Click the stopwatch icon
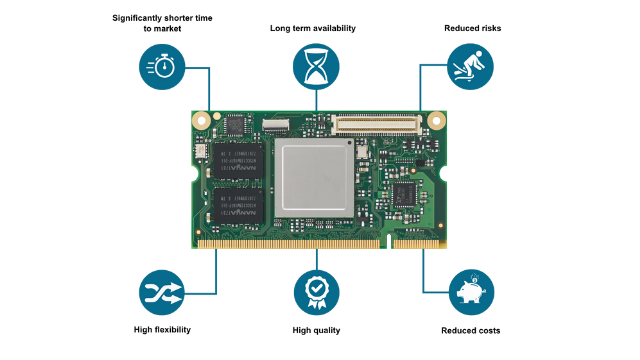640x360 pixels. pyautogui.click(x=162, y=67)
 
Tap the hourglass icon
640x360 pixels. pyautogui.click(x=316, y=67)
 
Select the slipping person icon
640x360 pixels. pyautogui.click(x=470, y=67)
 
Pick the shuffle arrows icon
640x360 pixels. pyautogui.click(x=162, y=292)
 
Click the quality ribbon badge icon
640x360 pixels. pyautogui.click(x=316, y=292)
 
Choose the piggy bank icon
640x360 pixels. pyautogui.click(x=471, y=292)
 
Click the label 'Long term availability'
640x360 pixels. pyautogui.click(x=313, y=28)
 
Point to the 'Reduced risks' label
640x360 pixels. pyautogui.click(x=473, y=28)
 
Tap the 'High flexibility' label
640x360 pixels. pyautogui.click(x=162, y=330)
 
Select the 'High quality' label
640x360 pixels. pyautogui.click(x=316, y=330)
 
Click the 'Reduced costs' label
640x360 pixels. pyautogui.click(x=471, y=331)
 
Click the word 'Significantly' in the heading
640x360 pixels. pyautogui.click(x=138, y=18)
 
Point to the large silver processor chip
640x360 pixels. pyautogui.click(x=314, y=178)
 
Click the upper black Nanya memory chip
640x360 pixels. pyautogui.click(x=238, y=160)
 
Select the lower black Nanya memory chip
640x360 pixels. pyautogui.click(x=238, y=206)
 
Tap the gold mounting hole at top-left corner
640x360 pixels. pyautogui.click(x=201, y=120)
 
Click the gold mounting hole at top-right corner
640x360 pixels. pyautogui.click(x=436, y=120)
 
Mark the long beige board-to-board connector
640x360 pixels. pyautogui.click(x=376, y=124)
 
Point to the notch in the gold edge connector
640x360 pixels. pyautogui.click(x=389, y=241)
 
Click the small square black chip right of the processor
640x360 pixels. pyautogui.click(x=404, y=195)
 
